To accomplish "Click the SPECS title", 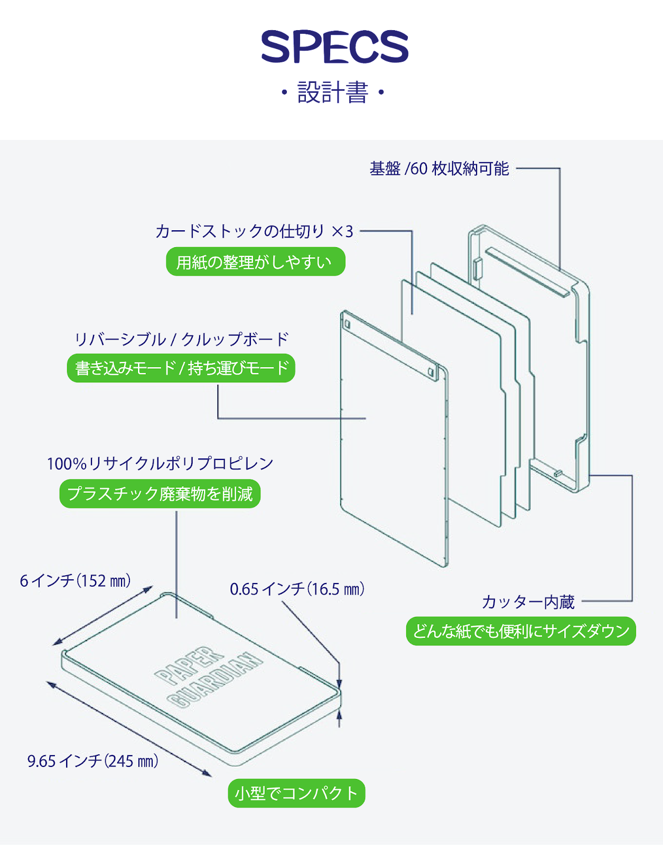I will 334,47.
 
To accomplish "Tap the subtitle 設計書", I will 332,93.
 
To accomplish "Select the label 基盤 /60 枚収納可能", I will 439,169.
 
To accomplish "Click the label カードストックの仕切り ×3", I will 254,231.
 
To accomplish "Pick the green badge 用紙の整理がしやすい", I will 256,262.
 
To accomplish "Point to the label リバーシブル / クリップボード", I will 182,340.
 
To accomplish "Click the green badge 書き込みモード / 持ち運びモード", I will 181,368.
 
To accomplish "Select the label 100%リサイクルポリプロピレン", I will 160,464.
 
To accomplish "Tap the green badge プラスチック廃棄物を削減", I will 160,494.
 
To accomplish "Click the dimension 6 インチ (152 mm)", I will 76,581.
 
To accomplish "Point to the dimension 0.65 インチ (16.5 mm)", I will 297,589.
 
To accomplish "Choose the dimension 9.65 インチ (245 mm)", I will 93,761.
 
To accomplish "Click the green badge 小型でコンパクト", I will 296,793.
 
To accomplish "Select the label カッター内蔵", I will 528,602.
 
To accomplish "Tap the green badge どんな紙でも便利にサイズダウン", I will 521,631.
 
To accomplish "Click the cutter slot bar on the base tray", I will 527,271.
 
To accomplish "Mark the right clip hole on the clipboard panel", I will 432,372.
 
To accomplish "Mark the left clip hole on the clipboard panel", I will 347,323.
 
